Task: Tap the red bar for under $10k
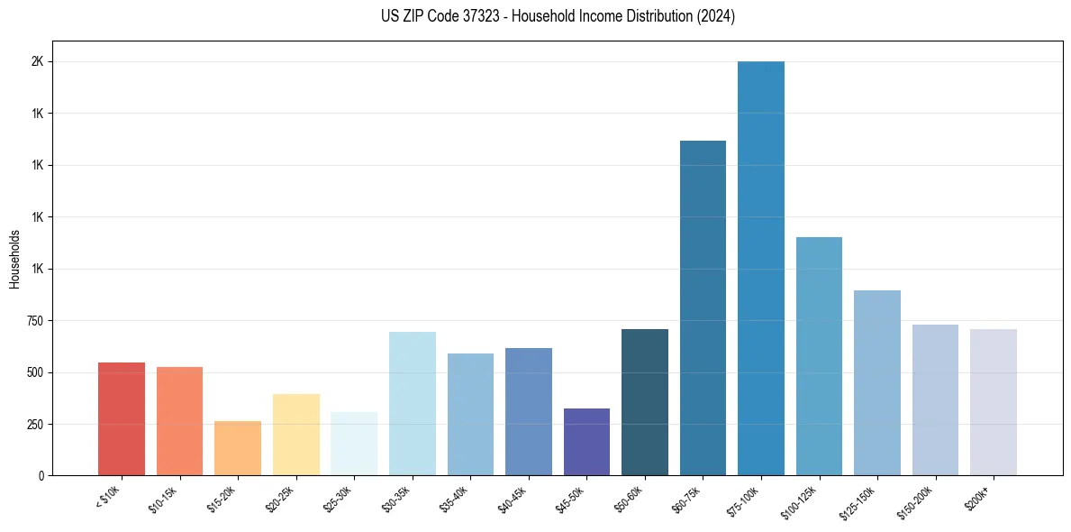122,419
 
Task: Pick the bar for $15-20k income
238,448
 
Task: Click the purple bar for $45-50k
586,442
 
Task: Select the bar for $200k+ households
993,402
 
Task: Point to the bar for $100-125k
819,356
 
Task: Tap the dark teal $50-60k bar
645,402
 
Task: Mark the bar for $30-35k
412,403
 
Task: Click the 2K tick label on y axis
38,62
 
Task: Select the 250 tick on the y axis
35,425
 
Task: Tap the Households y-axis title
15,259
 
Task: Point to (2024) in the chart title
716,16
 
